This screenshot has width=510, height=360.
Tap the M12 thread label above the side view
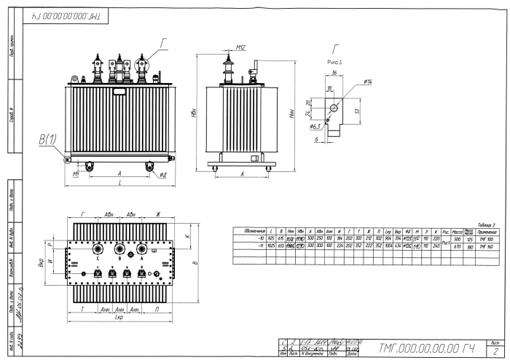[x=242, y=49]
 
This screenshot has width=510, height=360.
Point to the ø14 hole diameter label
[x=369, y=80]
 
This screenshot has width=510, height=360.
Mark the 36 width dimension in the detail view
[x=332, y=74]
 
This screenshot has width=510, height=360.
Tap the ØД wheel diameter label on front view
[x=161, y=176]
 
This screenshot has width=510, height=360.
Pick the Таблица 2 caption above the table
[x=484, y=226]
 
